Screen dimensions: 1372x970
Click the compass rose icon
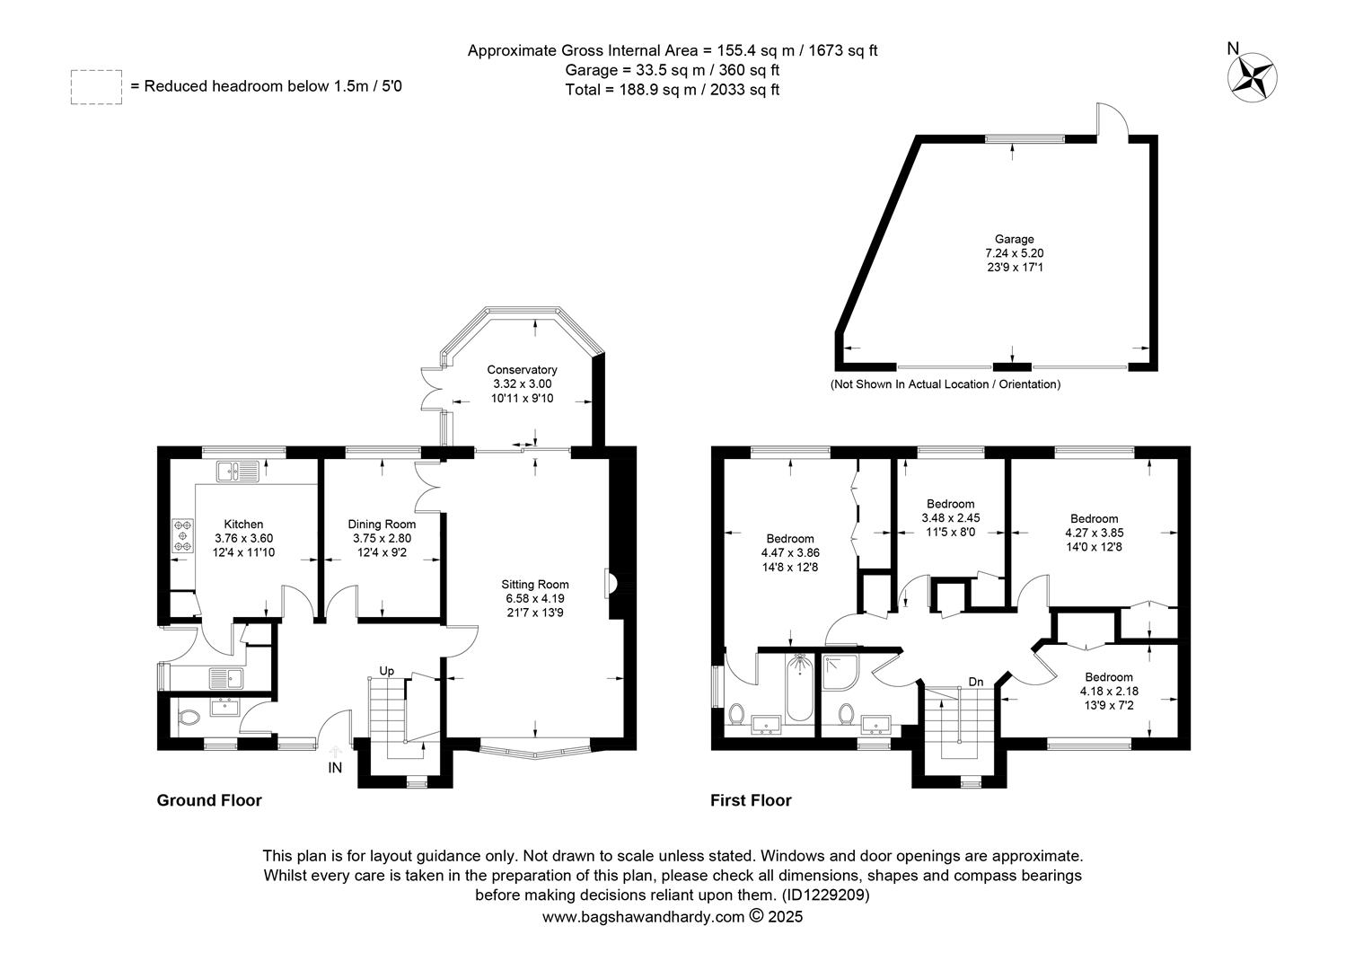coord(1252,77)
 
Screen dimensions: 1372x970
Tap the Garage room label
coord(1015,239)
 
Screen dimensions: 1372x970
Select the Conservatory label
coord(522,369)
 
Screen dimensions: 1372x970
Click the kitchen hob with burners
coord(182,535)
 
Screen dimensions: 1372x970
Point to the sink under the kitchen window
coord(238,472)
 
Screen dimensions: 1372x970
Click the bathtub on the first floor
coord(799,687)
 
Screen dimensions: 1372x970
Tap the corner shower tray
coord(840,672)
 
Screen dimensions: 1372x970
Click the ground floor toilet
coord(189,717)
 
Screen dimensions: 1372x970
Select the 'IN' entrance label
coord(335,767)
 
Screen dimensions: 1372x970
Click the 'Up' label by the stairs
coord(386,671)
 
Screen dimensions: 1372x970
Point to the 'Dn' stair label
coord(976,682)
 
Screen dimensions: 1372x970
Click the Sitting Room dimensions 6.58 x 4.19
coord(535,598)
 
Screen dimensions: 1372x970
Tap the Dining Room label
coord(382,524)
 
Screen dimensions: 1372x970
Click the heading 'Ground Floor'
coord(209,800)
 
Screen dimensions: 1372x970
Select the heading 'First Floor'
coord(751,800)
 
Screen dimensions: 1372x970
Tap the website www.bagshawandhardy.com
coord(643,917)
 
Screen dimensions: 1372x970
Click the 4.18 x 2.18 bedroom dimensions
coord(1109,692)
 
